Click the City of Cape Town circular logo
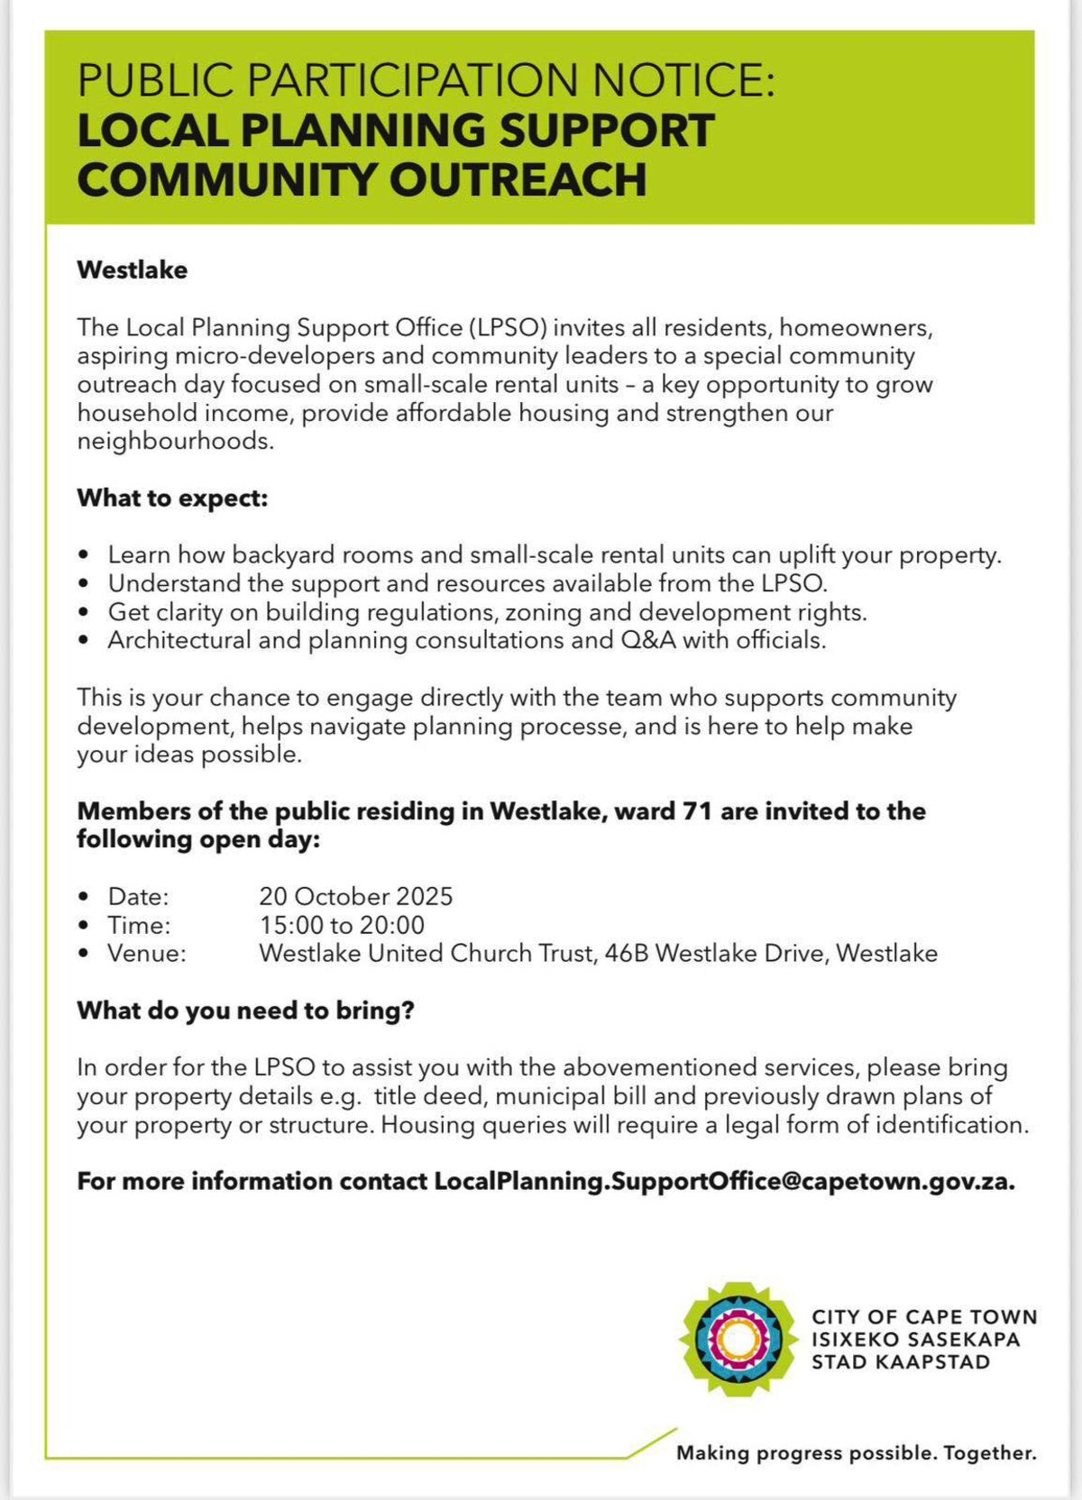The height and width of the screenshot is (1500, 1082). [738, 1340]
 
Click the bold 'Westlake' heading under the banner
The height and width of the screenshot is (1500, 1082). [133, 270]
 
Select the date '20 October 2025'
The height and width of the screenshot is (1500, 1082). [355, 896]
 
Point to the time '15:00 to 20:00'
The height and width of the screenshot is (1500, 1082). [342, 925]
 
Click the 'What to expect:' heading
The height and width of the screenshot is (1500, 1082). [172, 498]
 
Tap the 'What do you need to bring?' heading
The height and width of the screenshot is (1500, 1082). [245, 1011]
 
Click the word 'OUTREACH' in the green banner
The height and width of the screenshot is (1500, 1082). [518, 178]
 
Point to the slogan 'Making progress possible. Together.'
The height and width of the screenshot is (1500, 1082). [857, 1453]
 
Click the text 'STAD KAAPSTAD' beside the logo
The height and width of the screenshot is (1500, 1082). [900, 1362]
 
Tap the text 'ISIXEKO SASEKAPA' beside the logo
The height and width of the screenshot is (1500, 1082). [915, 1340]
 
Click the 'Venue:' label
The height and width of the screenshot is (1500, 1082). [147, 953]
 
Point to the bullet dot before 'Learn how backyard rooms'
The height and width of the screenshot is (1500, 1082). [84, 555]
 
